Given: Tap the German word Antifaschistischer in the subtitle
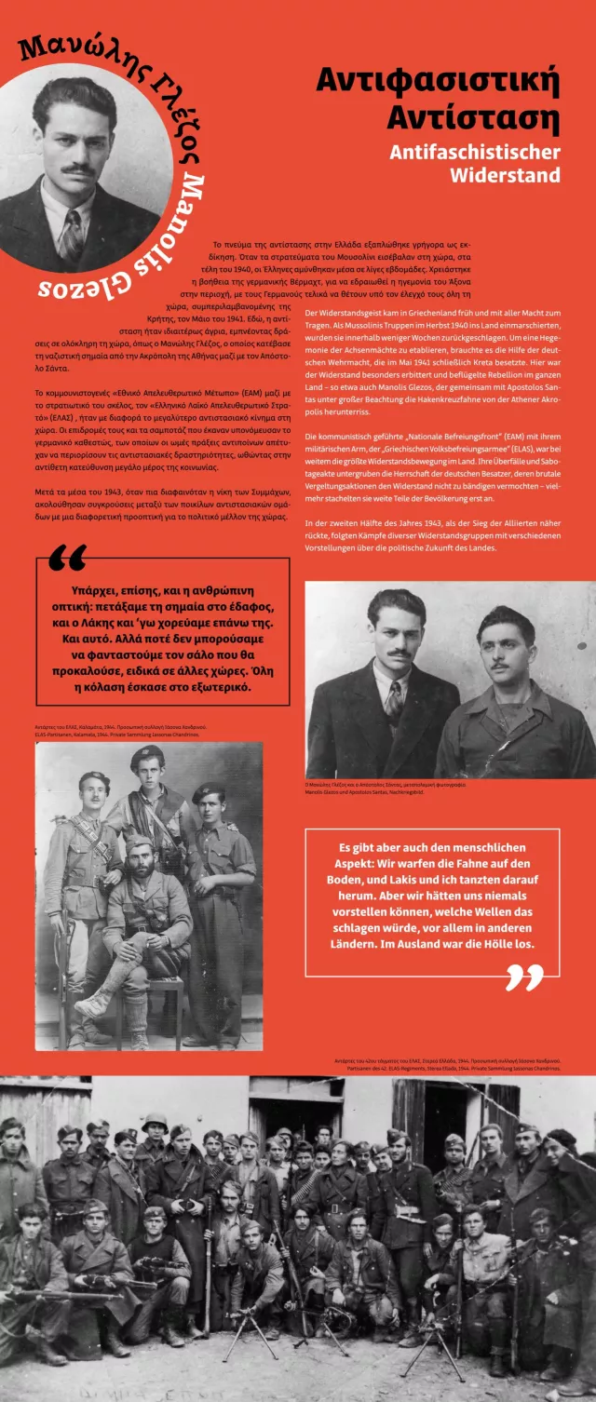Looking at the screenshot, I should click(475, 152).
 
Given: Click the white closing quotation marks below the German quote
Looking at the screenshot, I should click(524, 977).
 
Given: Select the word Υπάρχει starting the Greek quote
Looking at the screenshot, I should click(101, 590).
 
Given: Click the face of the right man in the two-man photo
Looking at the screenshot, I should click(505, 643).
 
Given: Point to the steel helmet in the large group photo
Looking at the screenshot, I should click(154, 1126).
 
